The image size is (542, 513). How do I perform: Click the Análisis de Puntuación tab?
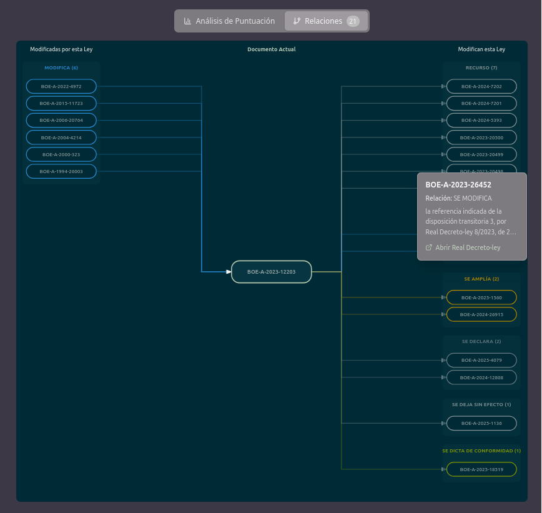229,21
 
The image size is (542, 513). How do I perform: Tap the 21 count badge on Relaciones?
353,21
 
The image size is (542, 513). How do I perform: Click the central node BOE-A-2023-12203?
271,272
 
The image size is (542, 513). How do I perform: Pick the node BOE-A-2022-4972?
61,86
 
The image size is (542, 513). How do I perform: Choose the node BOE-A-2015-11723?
61,103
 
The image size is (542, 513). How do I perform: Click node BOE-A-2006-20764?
61,120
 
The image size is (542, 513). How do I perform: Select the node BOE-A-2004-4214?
61,137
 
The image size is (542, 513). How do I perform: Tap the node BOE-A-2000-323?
61,154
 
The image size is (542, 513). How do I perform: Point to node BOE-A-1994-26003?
61,171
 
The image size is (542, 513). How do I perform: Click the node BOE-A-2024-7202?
481,86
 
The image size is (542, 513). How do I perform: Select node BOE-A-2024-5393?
481,120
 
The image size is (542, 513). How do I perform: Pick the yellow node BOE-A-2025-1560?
481,297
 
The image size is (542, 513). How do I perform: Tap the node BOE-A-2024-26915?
481,314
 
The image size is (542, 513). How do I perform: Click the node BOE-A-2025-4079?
481,360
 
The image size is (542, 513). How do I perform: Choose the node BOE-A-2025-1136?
481,423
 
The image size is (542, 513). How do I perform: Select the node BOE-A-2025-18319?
481,469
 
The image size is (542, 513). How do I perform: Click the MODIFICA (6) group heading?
61,67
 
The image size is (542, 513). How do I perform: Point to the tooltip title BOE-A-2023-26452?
458,185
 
